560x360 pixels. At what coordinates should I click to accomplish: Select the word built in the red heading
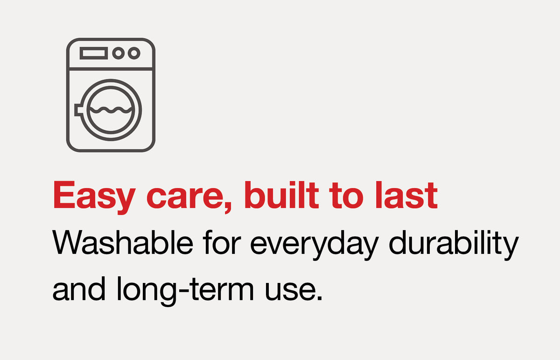coord(281,195)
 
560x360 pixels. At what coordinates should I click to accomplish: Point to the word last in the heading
coord(406,195)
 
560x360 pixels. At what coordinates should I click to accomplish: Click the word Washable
coord(122,242)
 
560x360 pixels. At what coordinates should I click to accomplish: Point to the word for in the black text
coord(222,242)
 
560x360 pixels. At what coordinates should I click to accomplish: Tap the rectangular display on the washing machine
coord(94,53)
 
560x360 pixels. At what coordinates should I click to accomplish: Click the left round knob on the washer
coord(119,53)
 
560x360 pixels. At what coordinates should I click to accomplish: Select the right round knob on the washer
coord(134,53)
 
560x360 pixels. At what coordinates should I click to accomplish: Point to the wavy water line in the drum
coord(111,110)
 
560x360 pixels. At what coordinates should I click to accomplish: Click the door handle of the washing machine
coord(78,110)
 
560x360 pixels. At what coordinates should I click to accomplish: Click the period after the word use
coord(319,298)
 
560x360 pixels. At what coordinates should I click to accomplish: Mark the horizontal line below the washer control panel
coord(111,69)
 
